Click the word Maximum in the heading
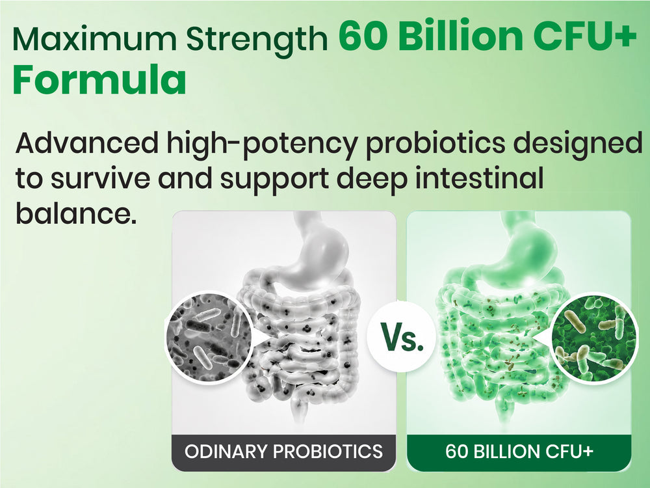click(94, 38)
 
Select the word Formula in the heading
click(99, 79)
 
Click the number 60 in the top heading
click(363, 36)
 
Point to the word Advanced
click(86, 142)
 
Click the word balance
click(76, 213)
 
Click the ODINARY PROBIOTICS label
click(284, 452)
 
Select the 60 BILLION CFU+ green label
click(519, 452)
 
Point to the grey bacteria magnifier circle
click(209, 336)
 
